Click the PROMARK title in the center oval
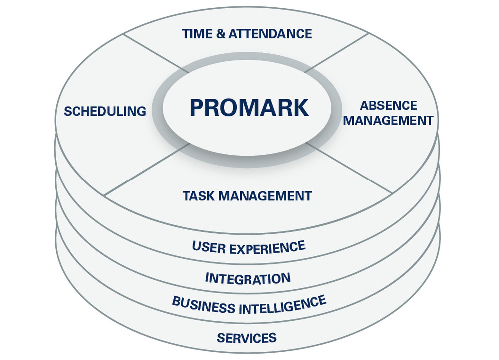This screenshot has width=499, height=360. (x=249, y=108)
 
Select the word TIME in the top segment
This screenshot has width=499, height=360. (x=197, y=34)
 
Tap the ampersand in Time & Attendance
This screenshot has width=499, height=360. (x=221, y=34)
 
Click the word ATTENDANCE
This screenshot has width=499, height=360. (x=270, y=34)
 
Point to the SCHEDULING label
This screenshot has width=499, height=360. (x=105, y=111)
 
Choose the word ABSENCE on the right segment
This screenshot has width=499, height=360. (x=389, y=106)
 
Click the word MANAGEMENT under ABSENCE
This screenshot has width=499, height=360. (x=388, y=121)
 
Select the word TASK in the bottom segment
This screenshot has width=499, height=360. (x=199, y=196)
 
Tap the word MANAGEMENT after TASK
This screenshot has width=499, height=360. (x=265, y=196)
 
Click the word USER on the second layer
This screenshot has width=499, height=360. (x=209, y=247)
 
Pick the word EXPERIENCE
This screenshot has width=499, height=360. (x=267, y=248)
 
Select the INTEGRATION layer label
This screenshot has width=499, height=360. (x=248, y=278)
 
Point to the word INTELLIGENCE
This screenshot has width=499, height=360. (x=282, y=305)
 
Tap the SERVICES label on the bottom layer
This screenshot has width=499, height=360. (x=247, y=338)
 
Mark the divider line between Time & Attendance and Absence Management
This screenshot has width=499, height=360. (x=337, y=53)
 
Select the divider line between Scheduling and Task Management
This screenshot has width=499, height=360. (x=147, y=170)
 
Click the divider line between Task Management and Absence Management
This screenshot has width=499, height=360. (x=349, y=168)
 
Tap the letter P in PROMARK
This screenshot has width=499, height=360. (x=196, y=108)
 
